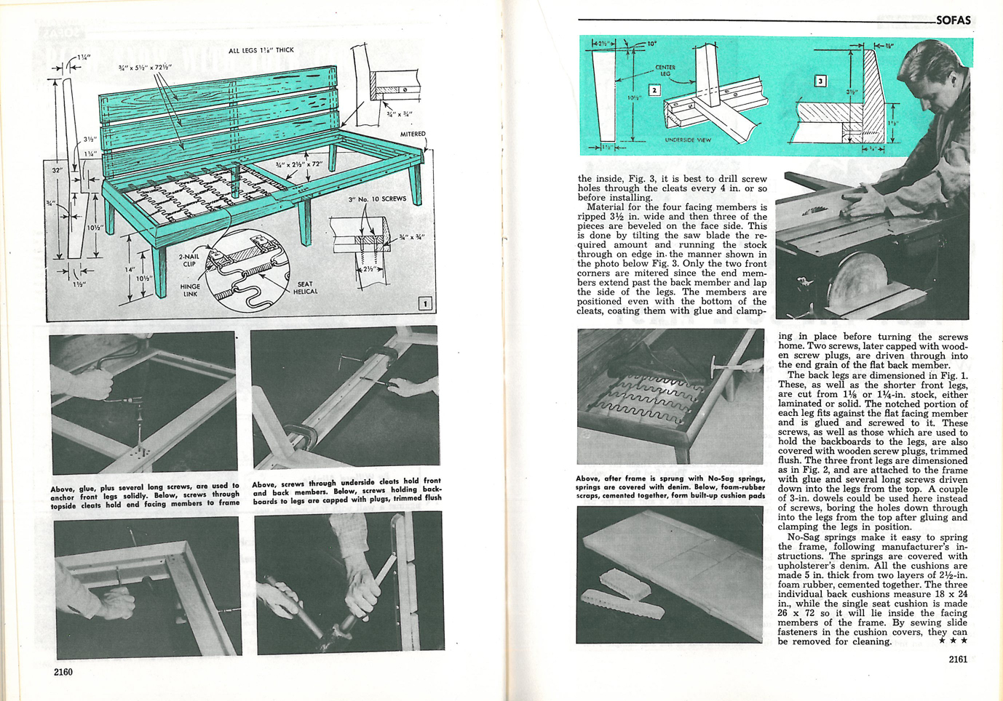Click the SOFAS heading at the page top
953,20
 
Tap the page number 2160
63,672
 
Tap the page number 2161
958,660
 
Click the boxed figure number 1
425,303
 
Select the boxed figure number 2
654,90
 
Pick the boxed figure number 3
820,81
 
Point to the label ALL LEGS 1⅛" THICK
261,50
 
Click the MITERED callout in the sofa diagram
413,134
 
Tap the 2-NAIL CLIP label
189,260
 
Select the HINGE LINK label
190,290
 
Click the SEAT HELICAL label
306,288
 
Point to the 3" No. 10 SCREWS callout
376,199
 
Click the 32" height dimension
57,170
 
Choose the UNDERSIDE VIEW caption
688,140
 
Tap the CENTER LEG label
665,71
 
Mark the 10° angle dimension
651,44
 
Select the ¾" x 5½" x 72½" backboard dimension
145,67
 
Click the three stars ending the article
953,641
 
